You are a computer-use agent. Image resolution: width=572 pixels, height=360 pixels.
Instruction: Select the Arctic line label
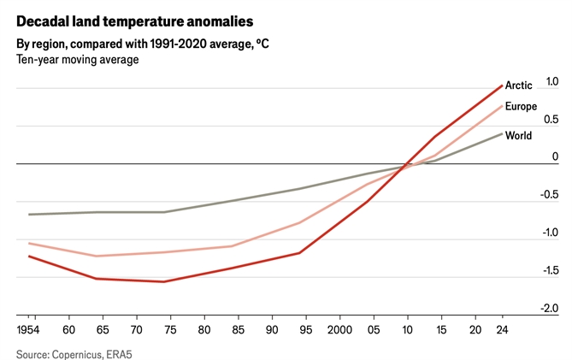point(519,86)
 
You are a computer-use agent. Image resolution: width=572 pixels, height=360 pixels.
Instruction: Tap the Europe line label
point(521,107)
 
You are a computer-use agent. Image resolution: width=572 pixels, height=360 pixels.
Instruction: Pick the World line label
point(518,136)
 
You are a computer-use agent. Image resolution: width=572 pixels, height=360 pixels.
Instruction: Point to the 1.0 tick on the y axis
point(551,82)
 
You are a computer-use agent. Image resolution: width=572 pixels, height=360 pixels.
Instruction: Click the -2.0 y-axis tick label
point(549,309)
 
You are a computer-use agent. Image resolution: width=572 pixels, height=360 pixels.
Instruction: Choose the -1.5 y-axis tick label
point(549,270)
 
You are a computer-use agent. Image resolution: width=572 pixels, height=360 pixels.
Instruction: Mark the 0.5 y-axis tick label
point(551,120)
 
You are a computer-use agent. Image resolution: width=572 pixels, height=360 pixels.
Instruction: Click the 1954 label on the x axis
point(28,329)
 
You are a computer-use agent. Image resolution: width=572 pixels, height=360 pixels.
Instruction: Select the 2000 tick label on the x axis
point(339,329)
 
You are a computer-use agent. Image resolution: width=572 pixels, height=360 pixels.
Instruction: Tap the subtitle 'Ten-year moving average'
point(77,60)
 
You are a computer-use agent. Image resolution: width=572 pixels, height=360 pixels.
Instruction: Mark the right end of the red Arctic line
point(501,85)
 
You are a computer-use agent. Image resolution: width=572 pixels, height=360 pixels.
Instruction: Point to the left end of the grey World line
point(29,215)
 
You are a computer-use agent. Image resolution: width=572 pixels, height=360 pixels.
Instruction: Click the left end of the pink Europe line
point(29,243)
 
